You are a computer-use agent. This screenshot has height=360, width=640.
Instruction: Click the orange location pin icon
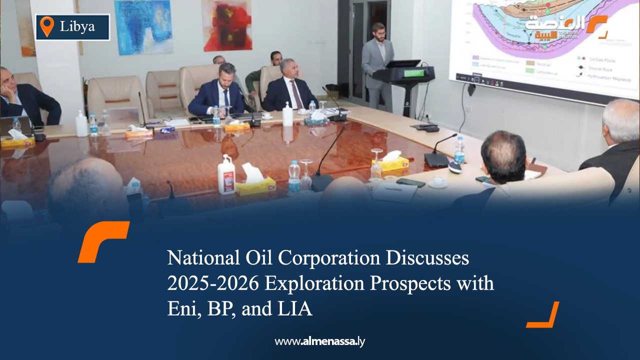click(46, 26)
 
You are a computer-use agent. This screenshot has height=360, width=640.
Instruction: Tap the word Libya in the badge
click(77, 26)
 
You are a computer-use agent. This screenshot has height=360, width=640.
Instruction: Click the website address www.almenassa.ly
click(320, 342)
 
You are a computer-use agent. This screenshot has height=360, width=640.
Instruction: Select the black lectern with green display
click(404, 75)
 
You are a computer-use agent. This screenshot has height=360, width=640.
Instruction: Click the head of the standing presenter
click(378, 31)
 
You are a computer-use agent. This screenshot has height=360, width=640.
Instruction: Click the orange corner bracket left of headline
click(102, 240)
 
